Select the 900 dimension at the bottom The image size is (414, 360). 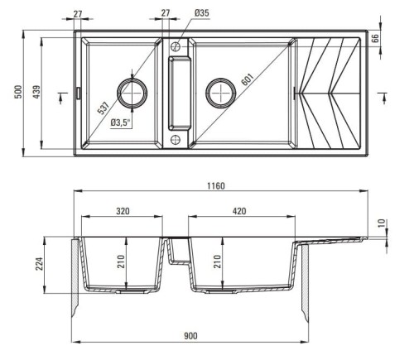click(x=190, y=336)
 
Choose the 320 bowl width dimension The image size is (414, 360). click(x=122, y=211)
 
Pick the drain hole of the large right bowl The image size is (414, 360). click(x=223, y=92)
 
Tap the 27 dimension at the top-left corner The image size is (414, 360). click(x=78, y=13)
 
